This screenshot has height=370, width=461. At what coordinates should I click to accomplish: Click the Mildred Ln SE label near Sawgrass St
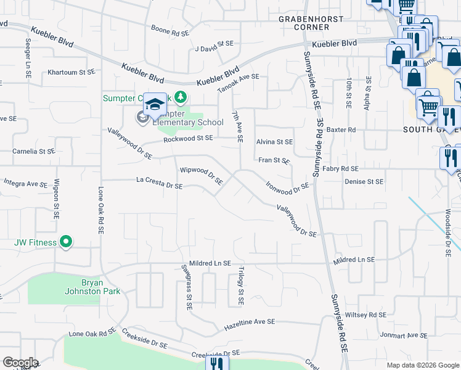[210, 263]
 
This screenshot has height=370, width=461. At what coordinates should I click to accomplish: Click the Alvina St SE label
[274, 142]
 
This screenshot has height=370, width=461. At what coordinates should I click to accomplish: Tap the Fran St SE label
[274, 160]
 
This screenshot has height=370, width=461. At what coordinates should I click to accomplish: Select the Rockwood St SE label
[188, 139]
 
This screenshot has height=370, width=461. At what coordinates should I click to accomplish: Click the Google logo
[21, 362]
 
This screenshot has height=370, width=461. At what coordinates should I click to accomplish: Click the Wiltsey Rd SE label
[365, 314]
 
